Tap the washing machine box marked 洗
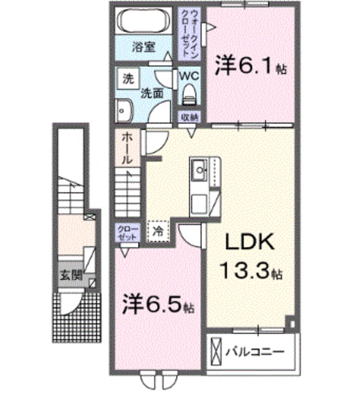click(128, 79)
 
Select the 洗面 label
click(151, 93)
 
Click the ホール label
click(126, 148)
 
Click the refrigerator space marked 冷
click(158, 232)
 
